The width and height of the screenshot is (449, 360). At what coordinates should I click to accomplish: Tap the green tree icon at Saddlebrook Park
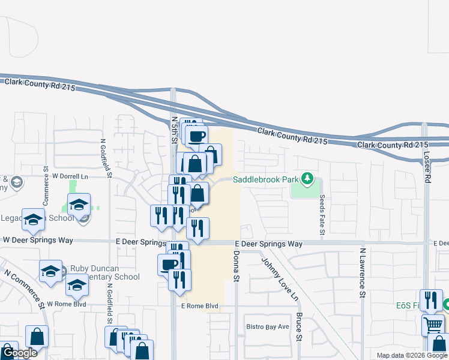tap(307, 178)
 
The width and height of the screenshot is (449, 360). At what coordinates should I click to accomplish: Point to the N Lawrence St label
tap(363, 273)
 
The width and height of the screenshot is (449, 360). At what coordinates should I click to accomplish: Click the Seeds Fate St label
tap(322, 214)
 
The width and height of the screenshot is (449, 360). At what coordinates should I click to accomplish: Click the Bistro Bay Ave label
tap(268, 327)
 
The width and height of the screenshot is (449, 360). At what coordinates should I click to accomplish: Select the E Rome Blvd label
tap(199, 307)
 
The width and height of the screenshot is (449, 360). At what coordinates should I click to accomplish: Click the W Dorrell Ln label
tap(70, 176)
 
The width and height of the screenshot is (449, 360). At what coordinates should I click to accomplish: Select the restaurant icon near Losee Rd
tap(431, 300)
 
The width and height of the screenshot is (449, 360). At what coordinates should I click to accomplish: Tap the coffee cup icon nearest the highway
tap(196, 136)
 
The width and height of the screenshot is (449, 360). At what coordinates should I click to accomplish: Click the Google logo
tap(19, 353)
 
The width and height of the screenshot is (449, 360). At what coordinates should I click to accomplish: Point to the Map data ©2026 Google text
tap(412, 355)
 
